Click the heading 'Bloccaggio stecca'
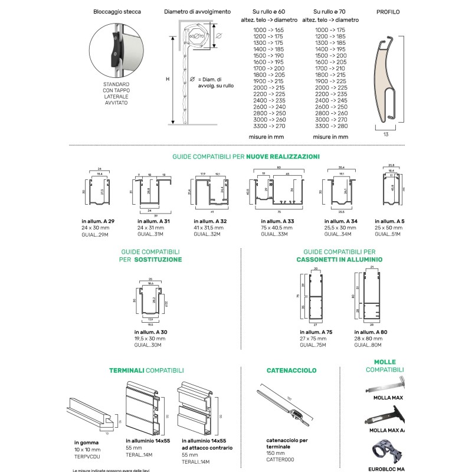point(116,12)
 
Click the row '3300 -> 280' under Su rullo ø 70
point(331,126)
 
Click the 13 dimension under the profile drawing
point(386,135)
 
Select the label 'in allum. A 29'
point(98,221)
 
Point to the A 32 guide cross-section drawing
point(211,191)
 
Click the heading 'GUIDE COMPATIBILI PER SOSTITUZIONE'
point(150,255)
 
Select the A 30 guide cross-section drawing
point(150,300)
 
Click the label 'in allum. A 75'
point(316,332)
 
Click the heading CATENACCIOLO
point(291,371)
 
